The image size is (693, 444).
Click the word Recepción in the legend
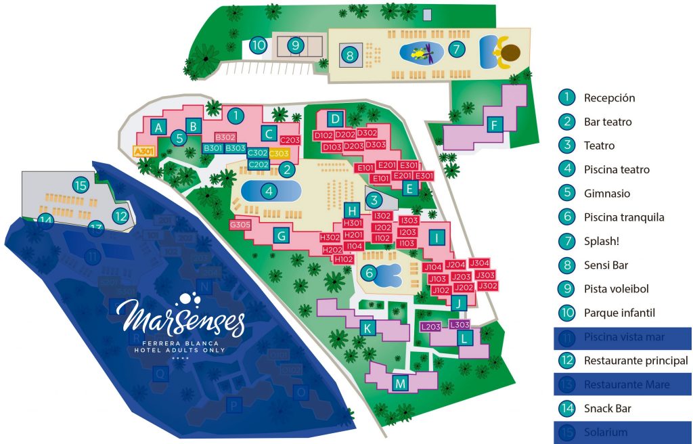(609, 97)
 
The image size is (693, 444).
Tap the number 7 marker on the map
(457, 49)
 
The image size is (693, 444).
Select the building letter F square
(495, 125)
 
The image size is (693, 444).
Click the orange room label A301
(144, 152)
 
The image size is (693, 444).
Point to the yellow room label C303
(279, 154)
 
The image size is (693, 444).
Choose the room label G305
(240, 225)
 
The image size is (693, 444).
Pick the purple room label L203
(431, 327)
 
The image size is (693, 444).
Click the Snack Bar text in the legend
(607, 408)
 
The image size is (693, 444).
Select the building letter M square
(401, 384)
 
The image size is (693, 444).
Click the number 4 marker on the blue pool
(269, 192)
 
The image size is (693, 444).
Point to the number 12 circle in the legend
(566, 361)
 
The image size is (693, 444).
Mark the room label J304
(479, 263)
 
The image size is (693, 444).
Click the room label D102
(322, 135)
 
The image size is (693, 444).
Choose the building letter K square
(367, 329)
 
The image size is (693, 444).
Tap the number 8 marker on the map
(349, 56)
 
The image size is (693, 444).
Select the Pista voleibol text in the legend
(616, 289)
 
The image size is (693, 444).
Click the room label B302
(225, 137)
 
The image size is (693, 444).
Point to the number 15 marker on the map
(81, 185)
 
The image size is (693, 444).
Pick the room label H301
(353, 223)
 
